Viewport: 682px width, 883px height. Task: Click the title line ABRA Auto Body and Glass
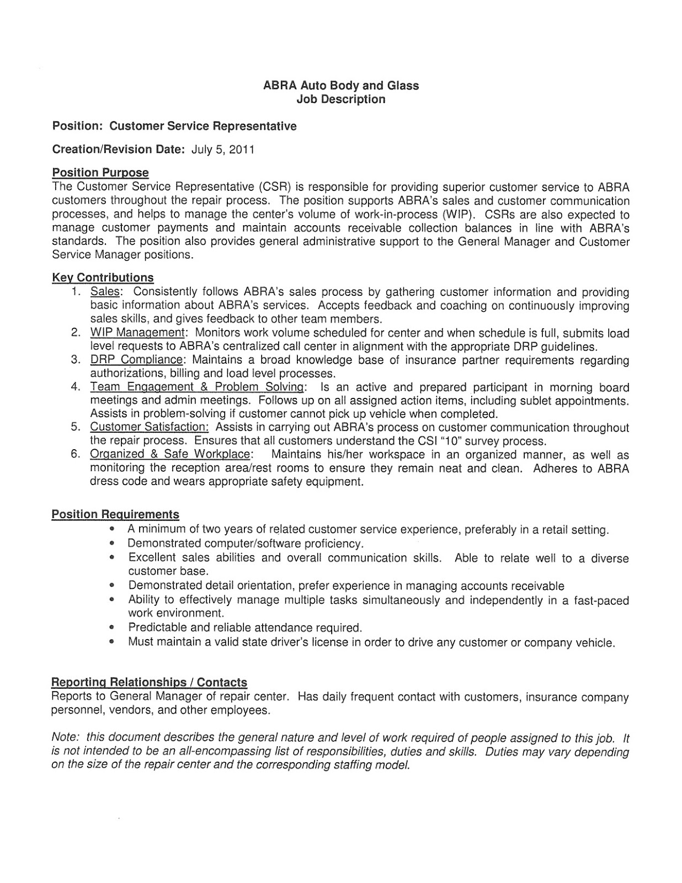pos(340,86)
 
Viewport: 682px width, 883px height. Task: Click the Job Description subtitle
pos(340,99)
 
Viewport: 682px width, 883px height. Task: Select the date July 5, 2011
pos(223,150)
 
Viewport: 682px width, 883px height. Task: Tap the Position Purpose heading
pos(100,173)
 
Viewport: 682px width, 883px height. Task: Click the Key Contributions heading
pos(103,278)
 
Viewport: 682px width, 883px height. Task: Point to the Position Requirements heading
pos(115,514)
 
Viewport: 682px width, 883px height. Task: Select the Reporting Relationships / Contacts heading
pos(149,683)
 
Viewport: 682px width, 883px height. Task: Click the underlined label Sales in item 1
pos(105,291)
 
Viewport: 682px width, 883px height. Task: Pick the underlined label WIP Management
pos(137,333)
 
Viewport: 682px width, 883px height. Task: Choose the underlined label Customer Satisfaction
pos(149,427)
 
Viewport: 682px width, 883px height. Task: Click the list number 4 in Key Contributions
pos(75,387)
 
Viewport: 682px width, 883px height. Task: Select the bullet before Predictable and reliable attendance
pos(112,628)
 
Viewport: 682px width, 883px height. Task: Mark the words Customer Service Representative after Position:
pos(203,126)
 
